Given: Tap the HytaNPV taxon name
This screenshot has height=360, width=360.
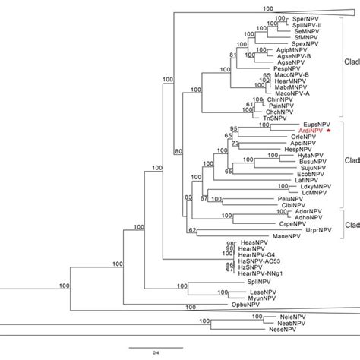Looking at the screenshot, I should pyautogui.click(x=291, y=156).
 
